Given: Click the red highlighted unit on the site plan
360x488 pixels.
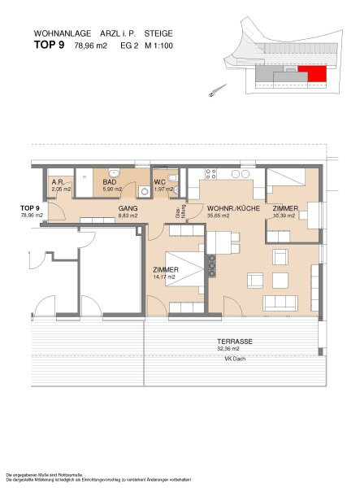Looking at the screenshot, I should pos(315,75).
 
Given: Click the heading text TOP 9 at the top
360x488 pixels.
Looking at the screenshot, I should pos(50,45).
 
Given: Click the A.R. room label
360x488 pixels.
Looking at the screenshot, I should pos(58,183).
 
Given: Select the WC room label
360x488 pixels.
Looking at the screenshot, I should pos(163,183).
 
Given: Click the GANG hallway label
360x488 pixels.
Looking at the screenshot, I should pos(128,209).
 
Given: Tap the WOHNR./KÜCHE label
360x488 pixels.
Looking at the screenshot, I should pos(233,209).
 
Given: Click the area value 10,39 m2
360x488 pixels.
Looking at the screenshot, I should pos(285,216).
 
